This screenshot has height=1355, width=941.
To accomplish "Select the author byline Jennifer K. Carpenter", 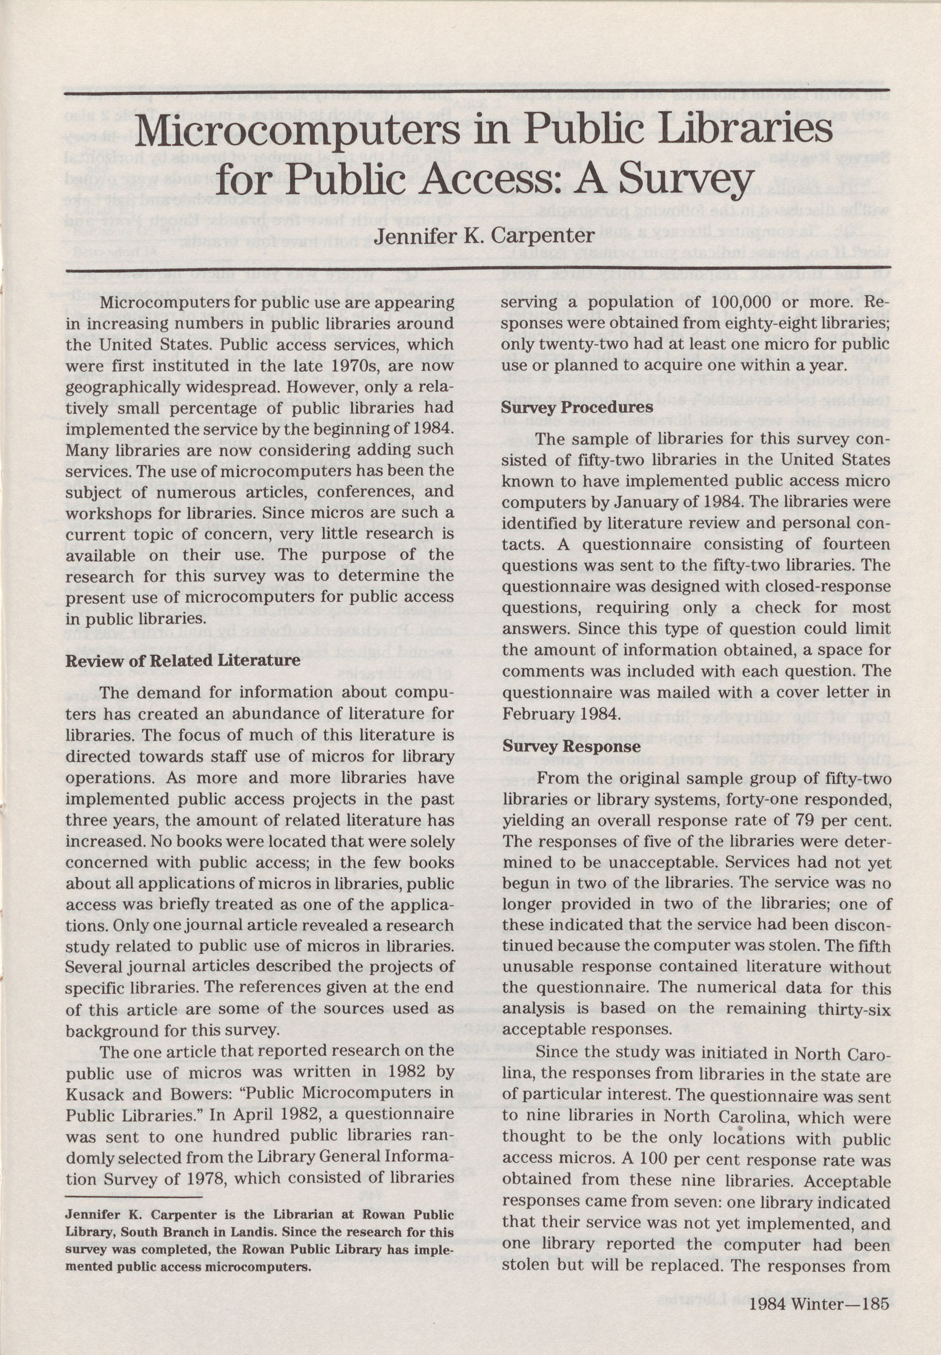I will [x=485, y=236].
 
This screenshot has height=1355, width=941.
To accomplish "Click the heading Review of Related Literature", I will [x=183, y=660].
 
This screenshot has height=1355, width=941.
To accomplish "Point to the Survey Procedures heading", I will [x=577, y=408].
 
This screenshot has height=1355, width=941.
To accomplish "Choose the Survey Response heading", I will [x=571, y=746].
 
